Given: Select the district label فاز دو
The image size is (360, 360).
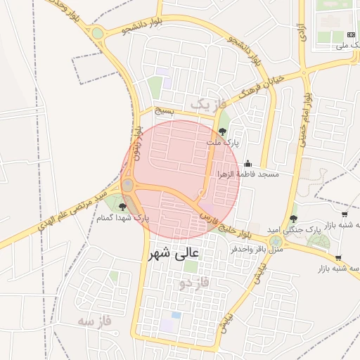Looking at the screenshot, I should click(x=193, y=283).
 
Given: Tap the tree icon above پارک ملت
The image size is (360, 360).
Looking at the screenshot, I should click(x=223, y=131).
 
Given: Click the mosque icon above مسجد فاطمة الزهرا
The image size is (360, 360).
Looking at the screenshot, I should click(x=247, y=163).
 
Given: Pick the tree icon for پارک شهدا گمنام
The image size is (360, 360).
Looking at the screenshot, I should click(x=124, y=207).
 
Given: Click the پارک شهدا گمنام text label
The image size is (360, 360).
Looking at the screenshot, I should click(x=124, y=218).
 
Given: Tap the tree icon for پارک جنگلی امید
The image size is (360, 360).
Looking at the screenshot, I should click(x=293, y=219).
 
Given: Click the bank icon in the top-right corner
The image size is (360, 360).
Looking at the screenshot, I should click(x=351, y=34).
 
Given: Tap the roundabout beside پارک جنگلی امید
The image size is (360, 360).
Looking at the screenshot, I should click(x=276, y=241).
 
